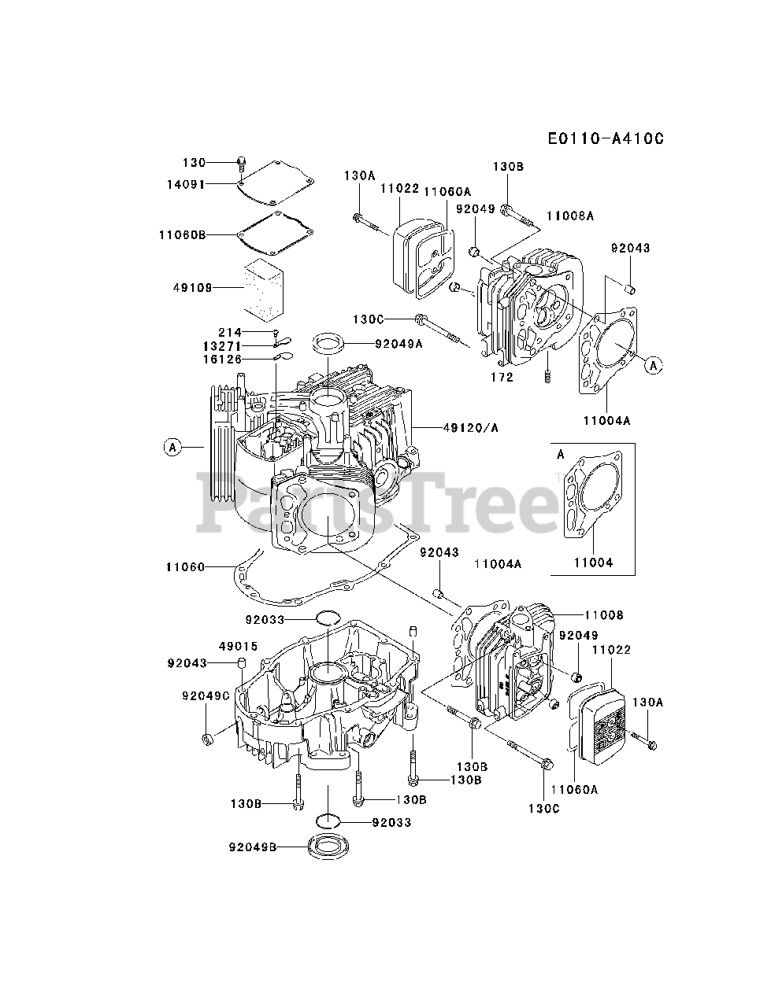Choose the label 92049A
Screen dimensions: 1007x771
point(398,343)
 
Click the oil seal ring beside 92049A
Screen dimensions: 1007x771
point(332,342)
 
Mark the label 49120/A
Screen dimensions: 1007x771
point(469,428)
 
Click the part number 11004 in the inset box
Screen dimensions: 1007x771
point(592,563)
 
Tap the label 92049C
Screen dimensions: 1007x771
point(206,695)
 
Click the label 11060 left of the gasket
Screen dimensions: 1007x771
point(185,566)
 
